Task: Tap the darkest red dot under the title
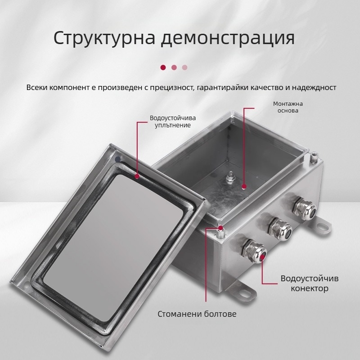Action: (163, 67)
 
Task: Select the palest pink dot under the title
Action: (184, 67)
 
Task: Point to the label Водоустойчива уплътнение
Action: (170, 121)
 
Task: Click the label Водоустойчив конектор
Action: (310, 283)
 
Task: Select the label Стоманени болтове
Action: (197, 314)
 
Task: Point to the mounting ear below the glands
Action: (243, 292)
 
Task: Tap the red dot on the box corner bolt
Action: (220, 229)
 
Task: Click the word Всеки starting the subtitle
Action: (36, 87)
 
